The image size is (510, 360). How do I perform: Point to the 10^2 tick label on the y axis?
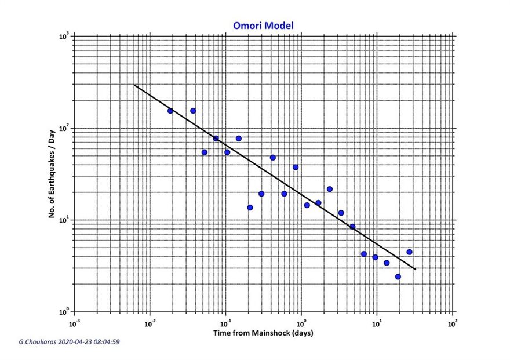[64, 129]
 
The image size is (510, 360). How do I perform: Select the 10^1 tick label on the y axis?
[64, 220]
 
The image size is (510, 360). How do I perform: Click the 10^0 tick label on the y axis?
[64, 312]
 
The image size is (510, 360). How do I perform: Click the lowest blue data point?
[398, 277]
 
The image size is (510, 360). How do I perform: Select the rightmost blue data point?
[409, 252]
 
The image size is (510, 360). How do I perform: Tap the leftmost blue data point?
[170, 111]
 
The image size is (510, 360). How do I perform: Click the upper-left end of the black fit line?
[135, 86]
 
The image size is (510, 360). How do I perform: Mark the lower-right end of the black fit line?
[416, 269]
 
